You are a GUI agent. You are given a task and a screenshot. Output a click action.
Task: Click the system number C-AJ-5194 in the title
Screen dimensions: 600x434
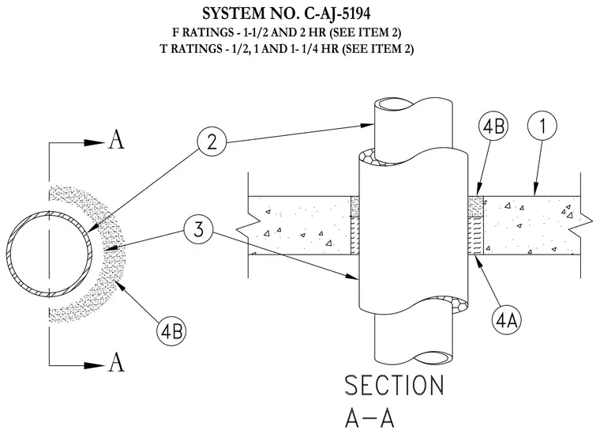pos(337,13)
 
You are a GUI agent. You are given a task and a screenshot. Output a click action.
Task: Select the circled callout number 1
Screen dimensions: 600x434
pos(542,126)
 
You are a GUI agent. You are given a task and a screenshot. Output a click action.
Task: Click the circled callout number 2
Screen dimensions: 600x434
pos(212,142)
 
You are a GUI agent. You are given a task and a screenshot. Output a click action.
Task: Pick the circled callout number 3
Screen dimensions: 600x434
pos(198,230)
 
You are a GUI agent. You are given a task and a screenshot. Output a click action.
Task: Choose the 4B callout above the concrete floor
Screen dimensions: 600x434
pos(493,126)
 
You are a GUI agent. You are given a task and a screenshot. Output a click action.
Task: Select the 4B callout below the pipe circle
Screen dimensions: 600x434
pos(171,331)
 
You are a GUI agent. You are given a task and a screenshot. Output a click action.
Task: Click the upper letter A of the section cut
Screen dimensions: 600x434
pos(116,139)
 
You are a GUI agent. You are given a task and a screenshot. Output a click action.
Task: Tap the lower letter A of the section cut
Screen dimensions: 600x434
pos(116,362)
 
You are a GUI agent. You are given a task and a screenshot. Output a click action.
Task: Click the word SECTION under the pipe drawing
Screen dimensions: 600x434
pos(395,385)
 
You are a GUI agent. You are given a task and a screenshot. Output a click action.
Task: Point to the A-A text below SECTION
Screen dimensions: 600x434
pos(369,417)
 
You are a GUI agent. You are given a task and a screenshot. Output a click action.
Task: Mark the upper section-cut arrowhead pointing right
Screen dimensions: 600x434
pos(94,143)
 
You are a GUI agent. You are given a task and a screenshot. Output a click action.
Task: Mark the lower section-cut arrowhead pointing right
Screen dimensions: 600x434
pos(94,365)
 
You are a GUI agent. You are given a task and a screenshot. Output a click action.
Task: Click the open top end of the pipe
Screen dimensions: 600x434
pos(394,104)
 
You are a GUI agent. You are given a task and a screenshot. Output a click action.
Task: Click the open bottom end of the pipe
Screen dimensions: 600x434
pos(433,357)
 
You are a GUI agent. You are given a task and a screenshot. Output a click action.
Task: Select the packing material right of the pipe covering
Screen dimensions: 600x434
pos(475,236)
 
